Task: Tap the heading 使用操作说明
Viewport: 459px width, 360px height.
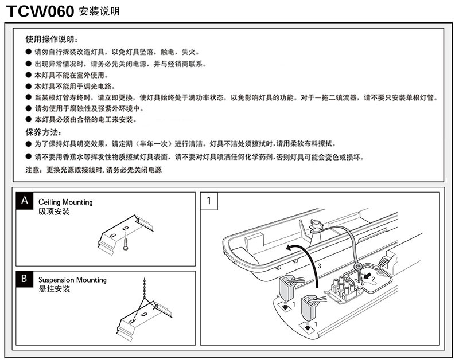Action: pos(50,40)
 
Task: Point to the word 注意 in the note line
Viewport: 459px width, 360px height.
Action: pos(33,170)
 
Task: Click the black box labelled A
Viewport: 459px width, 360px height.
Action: pos(24,201)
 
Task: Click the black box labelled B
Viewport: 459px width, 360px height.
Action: pos(24,279)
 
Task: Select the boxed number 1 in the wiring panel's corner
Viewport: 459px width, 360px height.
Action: pos(208,201)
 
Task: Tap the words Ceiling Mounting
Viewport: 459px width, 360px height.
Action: pos(65,202)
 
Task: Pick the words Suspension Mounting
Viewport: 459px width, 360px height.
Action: pos(72,280)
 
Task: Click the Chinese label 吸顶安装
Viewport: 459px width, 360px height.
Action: pos(55,212)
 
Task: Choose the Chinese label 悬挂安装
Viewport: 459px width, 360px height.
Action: pos(55,289)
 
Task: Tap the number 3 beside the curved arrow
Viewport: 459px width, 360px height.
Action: pos(318,267)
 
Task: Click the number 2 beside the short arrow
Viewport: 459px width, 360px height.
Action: pos(372,279)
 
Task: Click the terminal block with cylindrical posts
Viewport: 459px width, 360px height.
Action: pos(345,287)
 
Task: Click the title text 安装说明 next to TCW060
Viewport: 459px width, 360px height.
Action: pos(99,11)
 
